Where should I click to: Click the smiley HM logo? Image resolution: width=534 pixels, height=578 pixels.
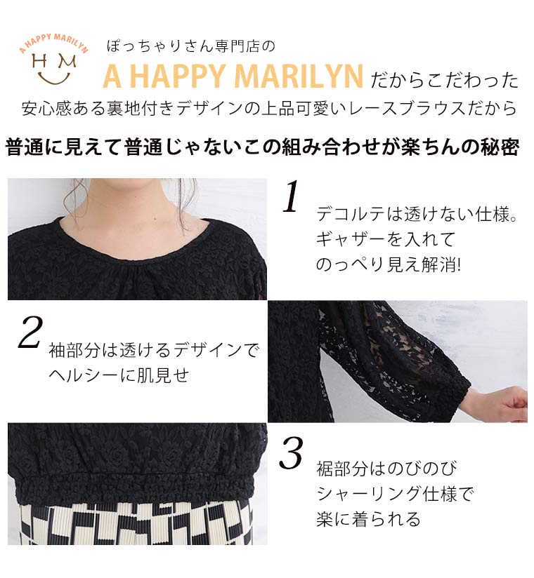[x=54, y=58]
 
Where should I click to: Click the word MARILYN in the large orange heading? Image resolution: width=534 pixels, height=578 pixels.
[x=299, y=76]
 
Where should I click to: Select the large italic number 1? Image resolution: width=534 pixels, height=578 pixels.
[x=291, y=196]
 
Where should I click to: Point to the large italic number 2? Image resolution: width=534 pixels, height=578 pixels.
[x=30, y=332]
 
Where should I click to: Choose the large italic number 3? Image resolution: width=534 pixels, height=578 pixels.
[x=291, y=453]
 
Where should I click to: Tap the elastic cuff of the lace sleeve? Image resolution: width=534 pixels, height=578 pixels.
[x=453, y=394]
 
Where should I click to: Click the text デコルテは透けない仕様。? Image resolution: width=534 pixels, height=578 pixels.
[x=417, y=214]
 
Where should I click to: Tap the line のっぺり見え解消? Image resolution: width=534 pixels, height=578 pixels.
[x=389, y=264]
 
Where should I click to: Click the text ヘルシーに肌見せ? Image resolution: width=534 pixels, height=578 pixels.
[x=119, y=375]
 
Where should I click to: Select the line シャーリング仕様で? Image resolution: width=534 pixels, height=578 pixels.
[x=394, y=494]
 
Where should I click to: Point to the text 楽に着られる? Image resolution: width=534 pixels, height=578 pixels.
[x=369, y=519]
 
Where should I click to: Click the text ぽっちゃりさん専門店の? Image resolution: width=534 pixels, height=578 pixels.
[x=191, y=47]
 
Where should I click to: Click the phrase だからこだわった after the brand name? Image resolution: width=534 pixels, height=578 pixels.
[x=445, y=81]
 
